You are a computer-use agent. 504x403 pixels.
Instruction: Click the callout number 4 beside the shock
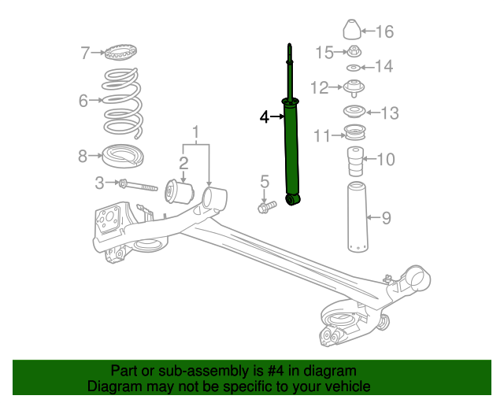click(x=265, y=117)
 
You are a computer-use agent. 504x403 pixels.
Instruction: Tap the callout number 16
click(x=384, y=31)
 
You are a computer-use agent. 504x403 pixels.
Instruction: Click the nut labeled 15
click(x=354, y=53)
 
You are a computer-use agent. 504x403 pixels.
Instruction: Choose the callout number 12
click(x=320, y=87)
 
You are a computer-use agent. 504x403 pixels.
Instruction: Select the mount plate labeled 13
click(x=354, y=111)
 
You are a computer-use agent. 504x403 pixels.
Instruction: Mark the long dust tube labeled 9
click(x=355, y=218)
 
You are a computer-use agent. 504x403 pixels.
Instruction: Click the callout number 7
click(x=86, y=54)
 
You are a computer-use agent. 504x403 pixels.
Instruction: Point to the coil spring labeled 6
click(x=120, y=100)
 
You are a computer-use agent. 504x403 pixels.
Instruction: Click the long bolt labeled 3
click(x=142, y=187)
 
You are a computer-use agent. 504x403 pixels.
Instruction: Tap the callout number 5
click(x=265, y=183)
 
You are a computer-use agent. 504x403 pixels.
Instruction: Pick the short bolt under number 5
click(x=266, y=208)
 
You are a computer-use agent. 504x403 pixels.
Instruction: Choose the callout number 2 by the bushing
click(x=183, y=163)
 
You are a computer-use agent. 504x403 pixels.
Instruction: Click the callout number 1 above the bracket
click(x=196, y=131)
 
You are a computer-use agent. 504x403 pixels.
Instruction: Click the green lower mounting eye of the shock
click(x=293, y=199)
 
